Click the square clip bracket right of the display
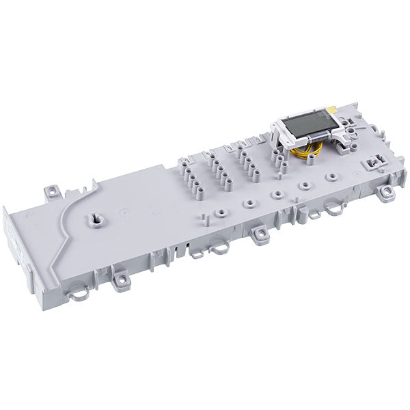(x=373, y=163)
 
